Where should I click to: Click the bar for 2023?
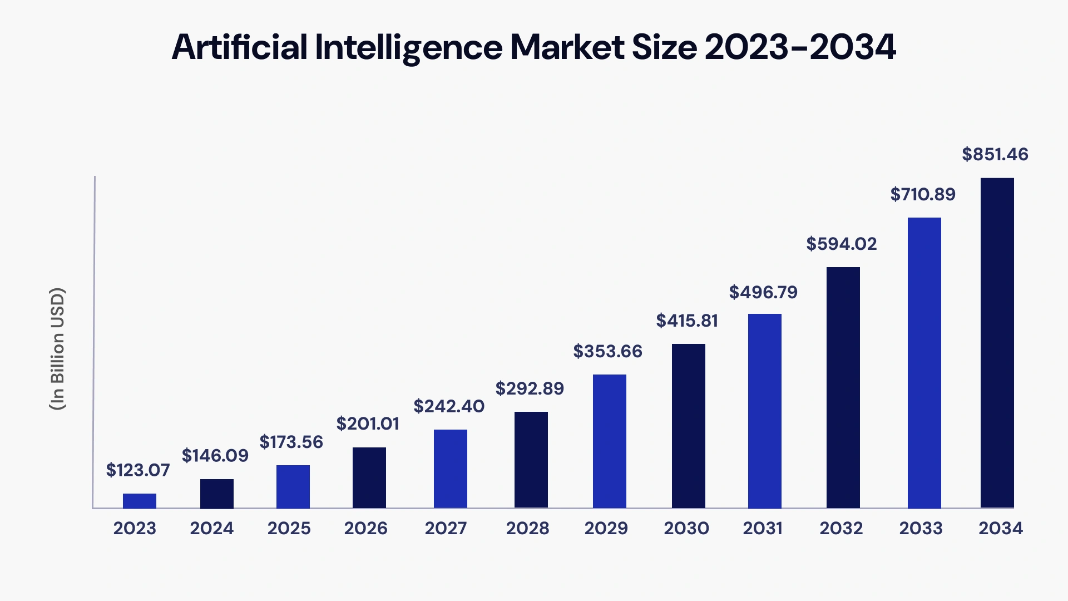(140, 501)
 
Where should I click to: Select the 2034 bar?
(997, 343)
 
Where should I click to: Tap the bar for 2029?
(609, 441)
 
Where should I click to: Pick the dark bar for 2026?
(369, 477)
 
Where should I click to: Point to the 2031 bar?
(764, 411)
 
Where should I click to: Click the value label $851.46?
(995, 154)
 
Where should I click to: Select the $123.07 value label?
(137, 470)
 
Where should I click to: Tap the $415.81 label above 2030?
(686, 321)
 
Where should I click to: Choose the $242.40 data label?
(448, 406)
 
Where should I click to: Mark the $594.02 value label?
(841, 244)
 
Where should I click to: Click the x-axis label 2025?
(289, 528)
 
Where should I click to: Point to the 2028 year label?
(527, 528)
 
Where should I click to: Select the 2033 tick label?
(921, 528)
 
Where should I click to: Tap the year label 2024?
(211, 528)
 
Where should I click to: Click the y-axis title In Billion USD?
(57, 349)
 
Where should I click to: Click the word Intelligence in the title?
(408, 47)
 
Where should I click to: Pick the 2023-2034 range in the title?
(800, 47)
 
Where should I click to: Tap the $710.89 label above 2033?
(922, 194)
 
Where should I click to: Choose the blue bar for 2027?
(450, 469)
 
